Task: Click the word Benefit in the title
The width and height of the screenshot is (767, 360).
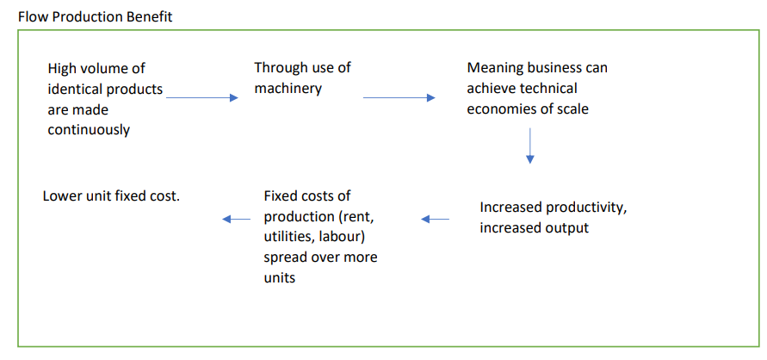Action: pyautogui.click(x=147, y=17)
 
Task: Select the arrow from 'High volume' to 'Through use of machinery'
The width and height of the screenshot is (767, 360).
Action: pyautogui.click(x=201, y=98)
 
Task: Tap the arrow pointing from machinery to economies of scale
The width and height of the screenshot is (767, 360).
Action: pyautogui.click(x=399, y=98)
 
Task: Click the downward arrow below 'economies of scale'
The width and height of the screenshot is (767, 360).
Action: pyautogui.click(x=529, y=145)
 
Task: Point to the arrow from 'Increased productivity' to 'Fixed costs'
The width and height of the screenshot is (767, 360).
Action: pyautogui.click(x=435, y=220)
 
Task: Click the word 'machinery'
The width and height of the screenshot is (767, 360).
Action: pyautogui.click(x=288, y=89)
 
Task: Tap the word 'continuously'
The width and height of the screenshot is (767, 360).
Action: pyautogui.click(x=89, y=131)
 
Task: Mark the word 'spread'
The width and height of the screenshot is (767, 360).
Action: pyautogui.click(x=285, y=258)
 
